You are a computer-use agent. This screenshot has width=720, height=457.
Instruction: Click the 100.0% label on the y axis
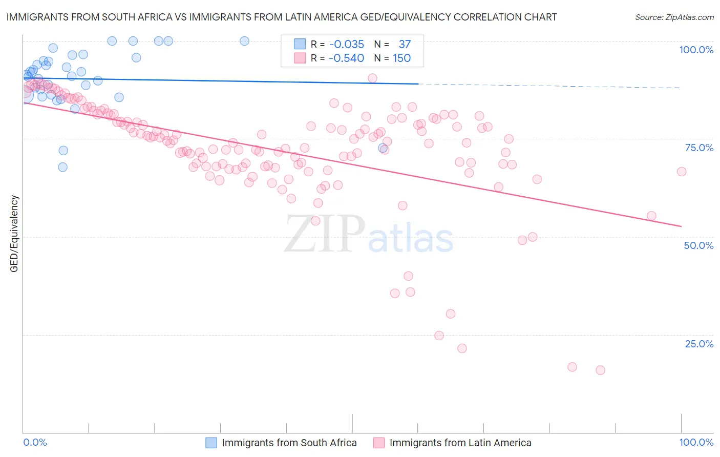[x=696, y=50]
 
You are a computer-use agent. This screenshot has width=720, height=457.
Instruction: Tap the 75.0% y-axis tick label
[x=699, y=148]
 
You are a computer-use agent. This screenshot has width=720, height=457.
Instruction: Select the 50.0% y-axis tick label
[x=698, y=245]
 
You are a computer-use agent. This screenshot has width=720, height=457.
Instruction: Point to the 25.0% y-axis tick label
[x=699, y=344]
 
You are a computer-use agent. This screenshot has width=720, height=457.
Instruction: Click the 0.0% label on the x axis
[x=35, y=442]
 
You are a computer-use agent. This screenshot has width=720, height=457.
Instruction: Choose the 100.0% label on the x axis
[x=696, y=442]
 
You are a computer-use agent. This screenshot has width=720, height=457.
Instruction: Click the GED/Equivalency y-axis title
[x=14, y=234]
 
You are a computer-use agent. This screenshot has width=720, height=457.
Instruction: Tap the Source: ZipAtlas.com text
[x=674, y=17]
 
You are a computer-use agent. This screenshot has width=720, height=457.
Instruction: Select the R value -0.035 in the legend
[x=346, y=45]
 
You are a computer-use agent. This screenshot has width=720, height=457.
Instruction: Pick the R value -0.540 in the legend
[x=346, y=58]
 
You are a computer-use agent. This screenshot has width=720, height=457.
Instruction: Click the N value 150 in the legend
[x=401, y=58]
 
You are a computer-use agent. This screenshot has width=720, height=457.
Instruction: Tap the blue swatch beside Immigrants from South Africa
[x=211, y=443]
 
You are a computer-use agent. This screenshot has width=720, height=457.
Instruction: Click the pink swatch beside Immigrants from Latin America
[x=379, y=443]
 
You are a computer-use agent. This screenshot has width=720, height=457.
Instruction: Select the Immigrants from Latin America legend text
[x=460, y=443]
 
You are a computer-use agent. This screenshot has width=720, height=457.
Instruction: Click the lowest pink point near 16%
[x=600, y=370]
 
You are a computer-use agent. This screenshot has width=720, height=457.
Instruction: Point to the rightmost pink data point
[x=681, y=172]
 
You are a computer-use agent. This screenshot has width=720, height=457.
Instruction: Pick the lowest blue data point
[x=62, y=167]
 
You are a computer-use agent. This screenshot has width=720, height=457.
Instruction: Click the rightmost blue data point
[x=383, y=148]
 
